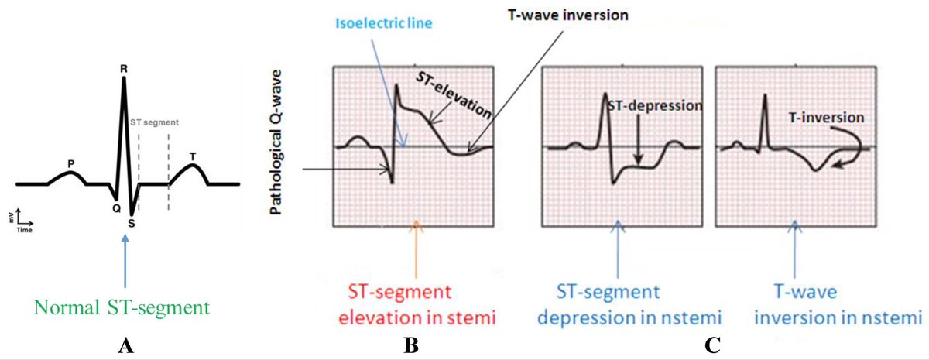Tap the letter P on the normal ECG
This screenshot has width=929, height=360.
(x=70, y=163)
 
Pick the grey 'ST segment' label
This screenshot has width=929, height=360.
(x=154, y=122)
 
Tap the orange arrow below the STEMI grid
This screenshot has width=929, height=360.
(x=417, y=248)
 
